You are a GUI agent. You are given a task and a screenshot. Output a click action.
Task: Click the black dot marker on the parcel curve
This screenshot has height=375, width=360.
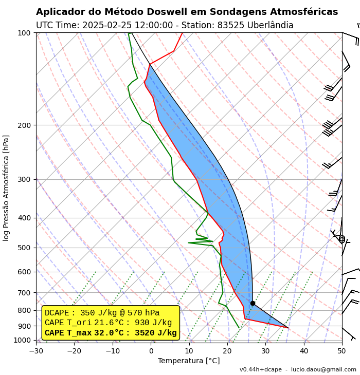[253, 303]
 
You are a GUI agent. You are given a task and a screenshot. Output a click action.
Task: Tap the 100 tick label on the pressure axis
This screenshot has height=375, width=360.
[25, 33]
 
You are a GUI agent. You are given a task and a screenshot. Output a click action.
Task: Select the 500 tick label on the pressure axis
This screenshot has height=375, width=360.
[25, 248]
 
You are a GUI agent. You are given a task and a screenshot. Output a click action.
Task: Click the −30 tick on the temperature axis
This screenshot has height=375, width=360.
[36, 351]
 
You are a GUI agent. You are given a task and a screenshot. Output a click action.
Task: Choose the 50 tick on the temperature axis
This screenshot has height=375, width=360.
[342, 351]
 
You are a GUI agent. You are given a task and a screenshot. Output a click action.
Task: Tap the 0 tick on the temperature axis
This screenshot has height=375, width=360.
[151, 351]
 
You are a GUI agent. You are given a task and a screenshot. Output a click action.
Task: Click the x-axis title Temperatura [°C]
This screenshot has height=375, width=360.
[189, 361]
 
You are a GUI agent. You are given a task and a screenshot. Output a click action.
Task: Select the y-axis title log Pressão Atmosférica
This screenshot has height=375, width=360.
[6, 188]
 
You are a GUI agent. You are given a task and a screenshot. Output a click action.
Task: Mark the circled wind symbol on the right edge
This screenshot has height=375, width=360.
[341, 239]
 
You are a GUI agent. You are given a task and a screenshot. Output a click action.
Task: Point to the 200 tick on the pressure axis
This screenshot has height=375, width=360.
[25, 125]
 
